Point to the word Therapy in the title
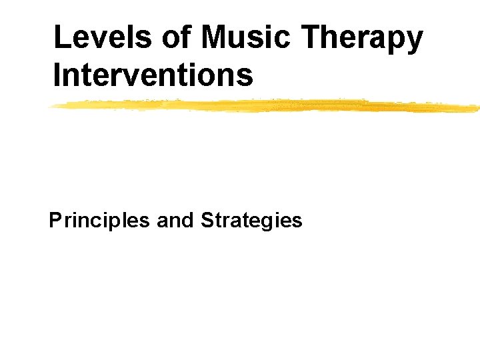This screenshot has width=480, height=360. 363,39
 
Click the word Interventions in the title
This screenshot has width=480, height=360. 153,75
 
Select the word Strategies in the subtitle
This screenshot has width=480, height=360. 251,221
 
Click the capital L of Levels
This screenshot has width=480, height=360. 61,37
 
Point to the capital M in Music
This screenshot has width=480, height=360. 216,37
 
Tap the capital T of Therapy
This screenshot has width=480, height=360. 313,37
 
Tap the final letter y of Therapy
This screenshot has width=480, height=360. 414,41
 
